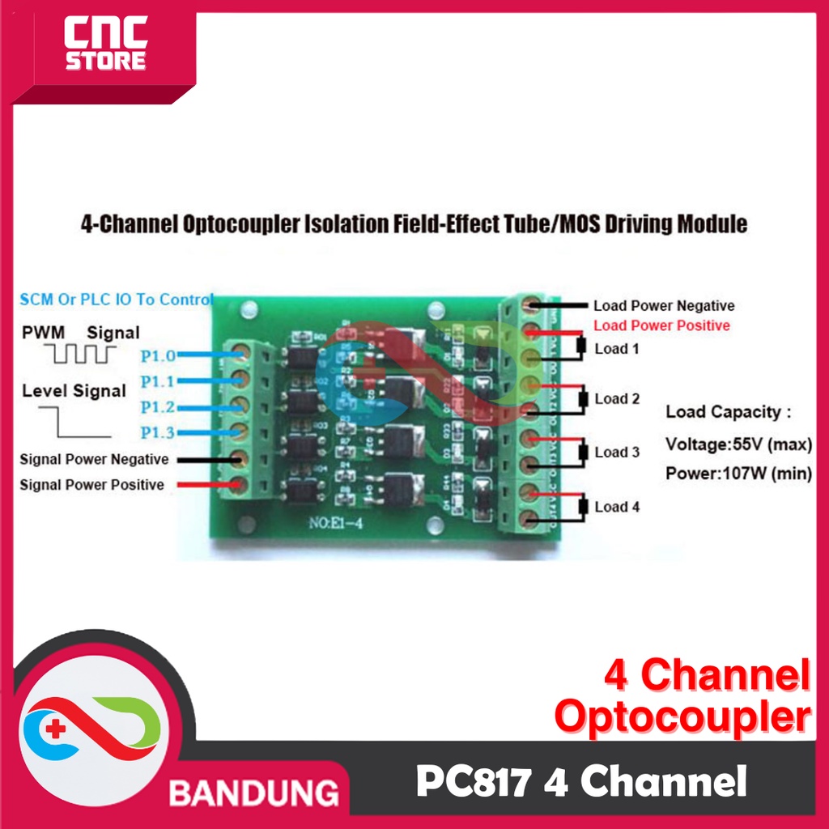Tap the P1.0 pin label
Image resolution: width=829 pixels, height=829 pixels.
157,355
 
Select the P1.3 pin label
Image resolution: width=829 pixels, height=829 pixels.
157,433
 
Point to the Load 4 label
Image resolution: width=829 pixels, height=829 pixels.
617,508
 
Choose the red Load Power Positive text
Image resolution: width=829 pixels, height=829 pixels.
661,325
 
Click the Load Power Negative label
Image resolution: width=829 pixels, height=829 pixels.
664,306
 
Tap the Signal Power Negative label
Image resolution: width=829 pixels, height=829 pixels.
94,460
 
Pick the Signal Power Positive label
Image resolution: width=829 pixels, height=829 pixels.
91,486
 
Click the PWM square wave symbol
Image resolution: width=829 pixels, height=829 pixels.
81,353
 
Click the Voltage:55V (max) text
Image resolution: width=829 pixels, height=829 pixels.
738,444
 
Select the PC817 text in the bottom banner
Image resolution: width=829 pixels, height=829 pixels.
473,783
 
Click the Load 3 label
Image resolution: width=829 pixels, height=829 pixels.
617,453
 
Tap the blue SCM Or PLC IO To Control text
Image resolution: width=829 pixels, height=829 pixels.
116,300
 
